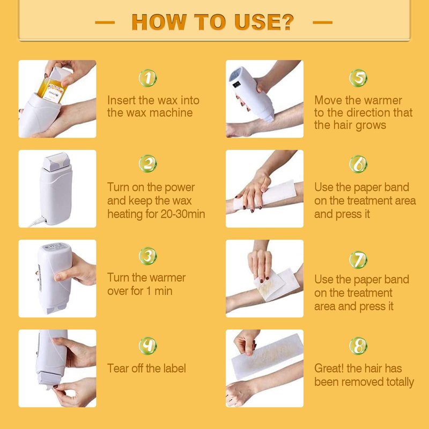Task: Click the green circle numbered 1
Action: [148, 78]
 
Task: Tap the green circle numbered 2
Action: [148, 164]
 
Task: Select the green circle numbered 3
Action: [148, 256]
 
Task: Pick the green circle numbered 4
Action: [148, 346]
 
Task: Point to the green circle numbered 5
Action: [358, 78]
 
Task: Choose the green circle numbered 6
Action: [358, 164]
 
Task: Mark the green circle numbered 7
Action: [358, 260]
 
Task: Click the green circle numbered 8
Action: [358, 346]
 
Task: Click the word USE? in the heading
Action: [264, 22]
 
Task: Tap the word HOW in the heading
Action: [159, 22]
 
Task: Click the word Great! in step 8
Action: [329, 368]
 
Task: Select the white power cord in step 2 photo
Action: [38, 222]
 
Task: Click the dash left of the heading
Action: [105, 23]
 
